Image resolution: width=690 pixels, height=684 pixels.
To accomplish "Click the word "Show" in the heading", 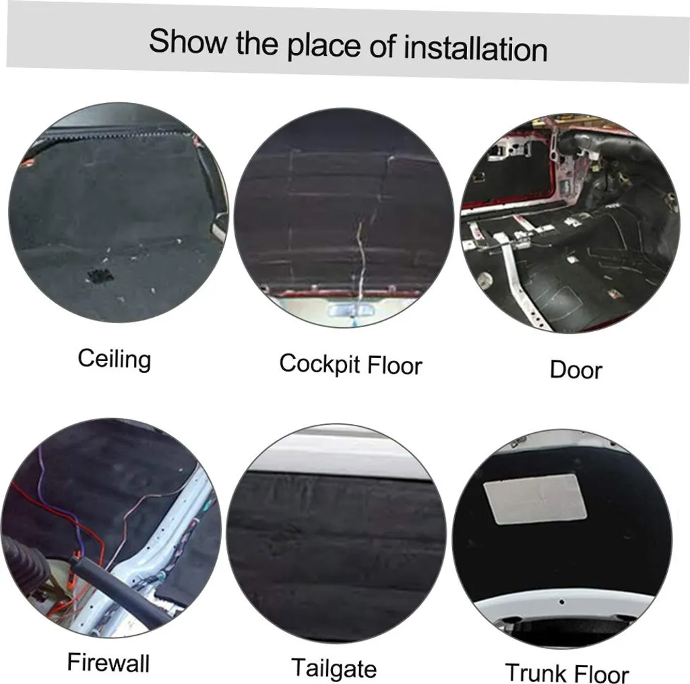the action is point(188,41).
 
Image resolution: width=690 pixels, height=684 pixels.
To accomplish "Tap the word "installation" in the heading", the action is point(476,48).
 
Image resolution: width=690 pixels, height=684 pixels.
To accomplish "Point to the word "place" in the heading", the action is point(324,46).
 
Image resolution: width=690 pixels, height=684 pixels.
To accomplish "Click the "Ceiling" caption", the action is point(115,359).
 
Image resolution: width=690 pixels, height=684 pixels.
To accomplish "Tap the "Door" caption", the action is point(576,370).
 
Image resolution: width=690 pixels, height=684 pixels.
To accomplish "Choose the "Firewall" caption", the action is point(108,662).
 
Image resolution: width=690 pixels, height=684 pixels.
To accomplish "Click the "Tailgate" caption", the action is point(334,668).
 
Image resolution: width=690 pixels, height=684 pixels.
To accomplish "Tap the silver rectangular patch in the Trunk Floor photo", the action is point(534,500).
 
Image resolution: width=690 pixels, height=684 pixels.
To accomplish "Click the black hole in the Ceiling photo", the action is point(100,275).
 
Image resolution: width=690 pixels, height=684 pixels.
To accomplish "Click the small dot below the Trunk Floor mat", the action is point(561,602).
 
